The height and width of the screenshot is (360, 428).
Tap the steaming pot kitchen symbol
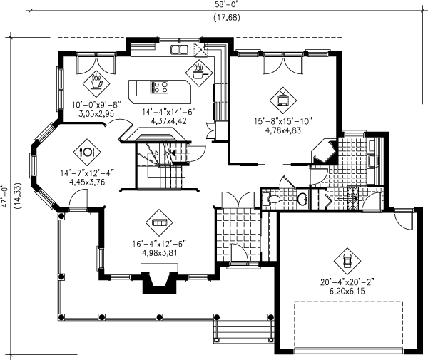[198, 72]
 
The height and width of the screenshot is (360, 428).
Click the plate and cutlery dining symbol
[87, 152]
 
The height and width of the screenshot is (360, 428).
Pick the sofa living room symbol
[159, 222]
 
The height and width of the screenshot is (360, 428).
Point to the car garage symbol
[347, 261]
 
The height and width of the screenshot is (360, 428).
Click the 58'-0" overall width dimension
[227, 4]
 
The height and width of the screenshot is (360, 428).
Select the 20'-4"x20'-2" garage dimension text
[347, 282]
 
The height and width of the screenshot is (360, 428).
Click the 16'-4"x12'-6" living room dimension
[159, 244]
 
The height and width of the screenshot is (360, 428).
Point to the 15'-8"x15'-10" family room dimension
[283, 121]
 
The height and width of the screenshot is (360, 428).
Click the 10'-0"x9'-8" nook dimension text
[96, 105]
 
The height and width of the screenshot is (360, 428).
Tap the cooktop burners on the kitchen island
[160, 87]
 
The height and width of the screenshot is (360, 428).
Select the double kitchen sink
[179, 49]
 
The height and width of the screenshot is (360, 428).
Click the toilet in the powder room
[270, 199]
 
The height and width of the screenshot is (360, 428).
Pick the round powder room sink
[302, 199]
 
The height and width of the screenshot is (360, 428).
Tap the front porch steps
[244, 331]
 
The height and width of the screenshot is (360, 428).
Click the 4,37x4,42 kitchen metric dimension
[168, 120]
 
